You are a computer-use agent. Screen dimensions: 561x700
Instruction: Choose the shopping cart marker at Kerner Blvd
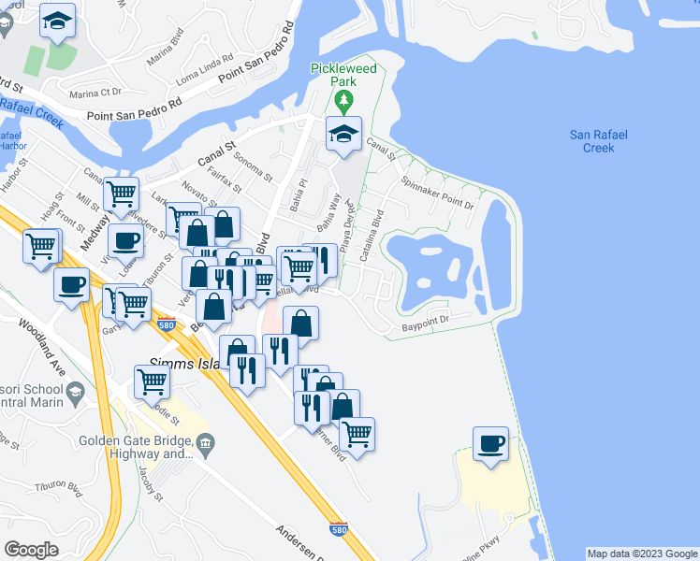[x=357, y=434]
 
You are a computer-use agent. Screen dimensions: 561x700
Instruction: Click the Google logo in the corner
[x=30, y=550]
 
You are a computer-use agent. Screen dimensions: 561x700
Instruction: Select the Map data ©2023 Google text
[x=641, y=554]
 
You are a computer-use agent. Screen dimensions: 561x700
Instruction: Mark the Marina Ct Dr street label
[x=97, y=93]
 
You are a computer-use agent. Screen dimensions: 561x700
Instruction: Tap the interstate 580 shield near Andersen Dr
[x=339, y=529]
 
